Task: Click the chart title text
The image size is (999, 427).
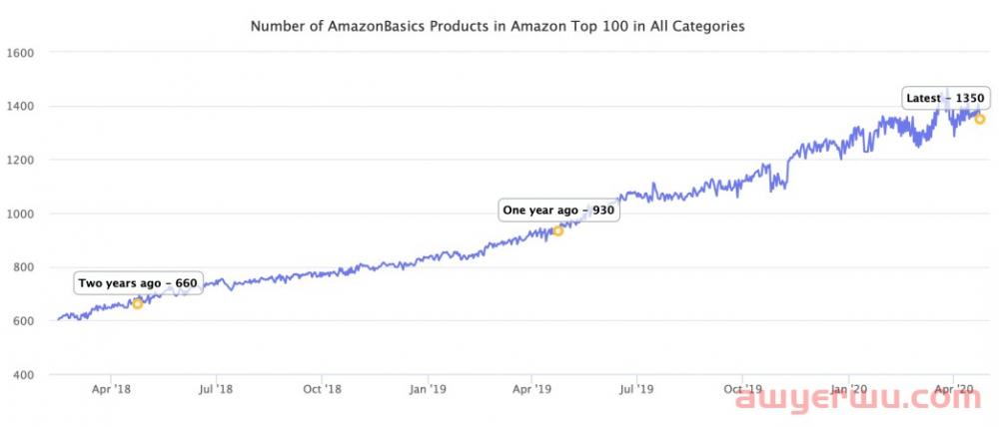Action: (x=498, y=27)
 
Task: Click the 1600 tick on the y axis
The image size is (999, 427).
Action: (x=21, y=52)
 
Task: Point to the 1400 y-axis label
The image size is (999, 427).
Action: (x=21, y=106)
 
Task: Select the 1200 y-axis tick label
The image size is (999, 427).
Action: (x=21, y=160)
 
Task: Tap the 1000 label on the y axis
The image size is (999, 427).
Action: (x=21, y=213)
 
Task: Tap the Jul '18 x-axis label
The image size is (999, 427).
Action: (x=216, y=389)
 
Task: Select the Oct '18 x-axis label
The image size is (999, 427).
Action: (x=321, y=389)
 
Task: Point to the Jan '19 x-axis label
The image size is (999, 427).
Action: (x=427, y=389)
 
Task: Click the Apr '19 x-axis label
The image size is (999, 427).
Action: (x=531, y=389)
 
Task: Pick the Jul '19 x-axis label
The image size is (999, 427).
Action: (x=636, y=389)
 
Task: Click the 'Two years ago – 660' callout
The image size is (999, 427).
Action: (x=138, y=283)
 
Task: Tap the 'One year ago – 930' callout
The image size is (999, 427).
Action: (x=558, y=211)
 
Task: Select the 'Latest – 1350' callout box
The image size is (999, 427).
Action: (x=946, y=98)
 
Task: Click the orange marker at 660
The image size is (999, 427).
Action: (x=138, y=303)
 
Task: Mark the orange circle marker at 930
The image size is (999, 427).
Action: (x=558, y=230)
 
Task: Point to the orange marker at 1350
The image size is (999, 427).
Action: (x=980, y=119)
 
